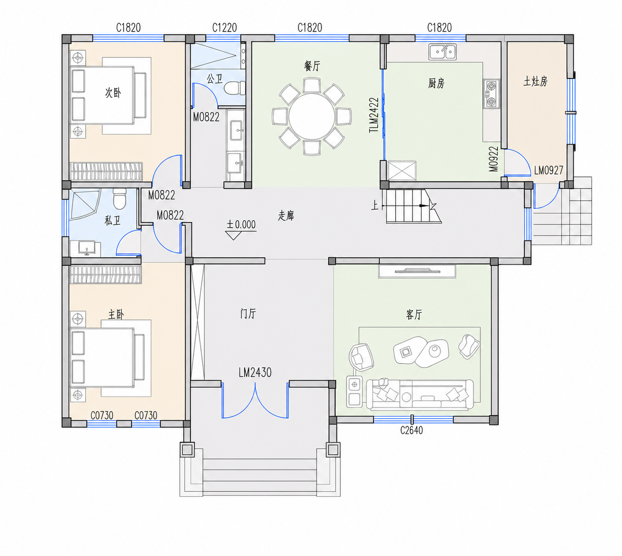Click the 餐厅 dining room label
pyautogui.click(x=312, y=66)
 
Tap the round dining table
pyautogui.click(x=312, y=116)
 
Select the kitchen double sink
pyautogui.click(x=442, y=52)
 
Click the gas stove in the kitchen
pyautogui.click(x=491, y=93)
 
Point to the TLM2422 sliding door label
pyautogui.click(x=374, y=115)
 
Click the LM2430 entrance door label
pyautogui.click(x=255, y=373)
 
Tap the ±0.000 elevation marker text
pyautogui.click(x=241, y=225)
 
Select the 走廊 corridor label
pyautogui.click(x=286, y=215)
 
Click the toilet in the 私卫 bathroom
pyautogui.click(x=120, y=198)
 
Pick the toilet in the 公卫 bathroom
pyautogui.click(x=234, y=88)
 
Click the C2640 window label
pyautogui.click(x=412, y=430)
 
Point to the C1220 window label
pyautogui.click(x=225, y=28)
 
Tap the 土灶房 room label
pyautogui.click(x=535, y=82)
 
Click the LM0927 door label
pyautogui.click(x=548, y=170)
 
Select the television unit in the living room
pyautogui.click(x=417, y=271)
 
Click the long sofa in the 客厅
pyautogui.click(x=420, y=394)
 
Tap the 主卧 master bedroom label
pyautogui.click(x=116, y=314)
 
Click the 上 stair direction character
pyautogui.click(x=375, y=206)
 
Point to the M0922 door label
pyautogui.click(x=494, y=159)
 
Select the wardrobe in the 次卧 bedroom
pyautogui.click(x=106, y=171)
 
